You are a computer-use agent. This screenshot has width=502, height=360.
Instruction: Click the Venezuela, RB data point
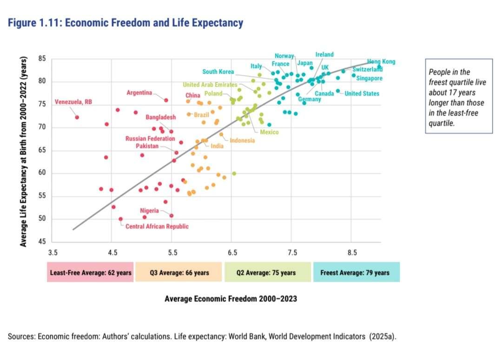click(x=77, y=118)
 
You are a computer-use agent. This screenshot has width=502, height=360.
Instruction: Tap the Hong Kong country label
click(x=381, y=61)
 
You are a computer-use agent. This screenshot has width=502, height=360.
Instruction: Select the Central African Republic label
click(x=157, y=226)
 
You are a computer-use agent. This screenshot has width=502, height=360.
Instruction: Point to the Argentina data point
click(x=166, y=100)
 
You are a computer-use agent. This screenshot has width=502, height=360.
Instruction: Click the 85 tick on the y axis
click(x=42, y=59)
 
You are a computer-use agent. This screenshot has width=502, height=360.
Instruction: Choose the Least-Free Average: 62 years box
click(x=90, y=273)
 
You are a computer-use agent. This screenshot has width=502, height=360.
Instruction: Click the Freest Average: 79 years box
click(x=357, y=273)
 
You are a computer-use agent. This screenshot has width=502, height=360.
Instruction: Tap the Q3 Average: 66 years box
click(x=179, y=273)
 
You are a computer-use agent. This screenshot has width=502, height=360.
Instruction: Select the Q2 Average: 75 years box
click(x=267, y=273)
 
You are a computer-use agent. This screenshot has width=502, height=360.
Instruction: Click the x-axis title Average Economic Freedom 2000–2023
click(x=231, y=299)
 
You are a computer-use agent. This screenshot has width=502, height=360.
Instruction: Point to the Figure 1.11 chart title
click(x=125, y=22)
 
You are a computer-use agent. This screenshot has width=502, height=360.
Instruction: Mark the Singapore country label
click(x=370, y=79)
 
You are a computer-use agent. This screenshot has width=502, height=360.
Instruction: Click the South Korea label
click(x=218, y=72)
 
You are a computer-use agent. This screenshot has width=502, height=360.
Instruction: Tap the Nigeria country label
click(x=149, y=211)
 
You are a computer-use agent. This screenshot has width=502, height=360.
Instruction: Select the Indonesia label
click(x=242, y=140)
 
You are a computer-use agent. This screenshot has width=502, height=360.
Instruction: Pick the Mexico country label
click(x=269, y=132)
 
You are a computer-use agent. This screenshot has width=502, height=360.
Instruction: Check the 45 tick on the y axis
click(x=42, y=242)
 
